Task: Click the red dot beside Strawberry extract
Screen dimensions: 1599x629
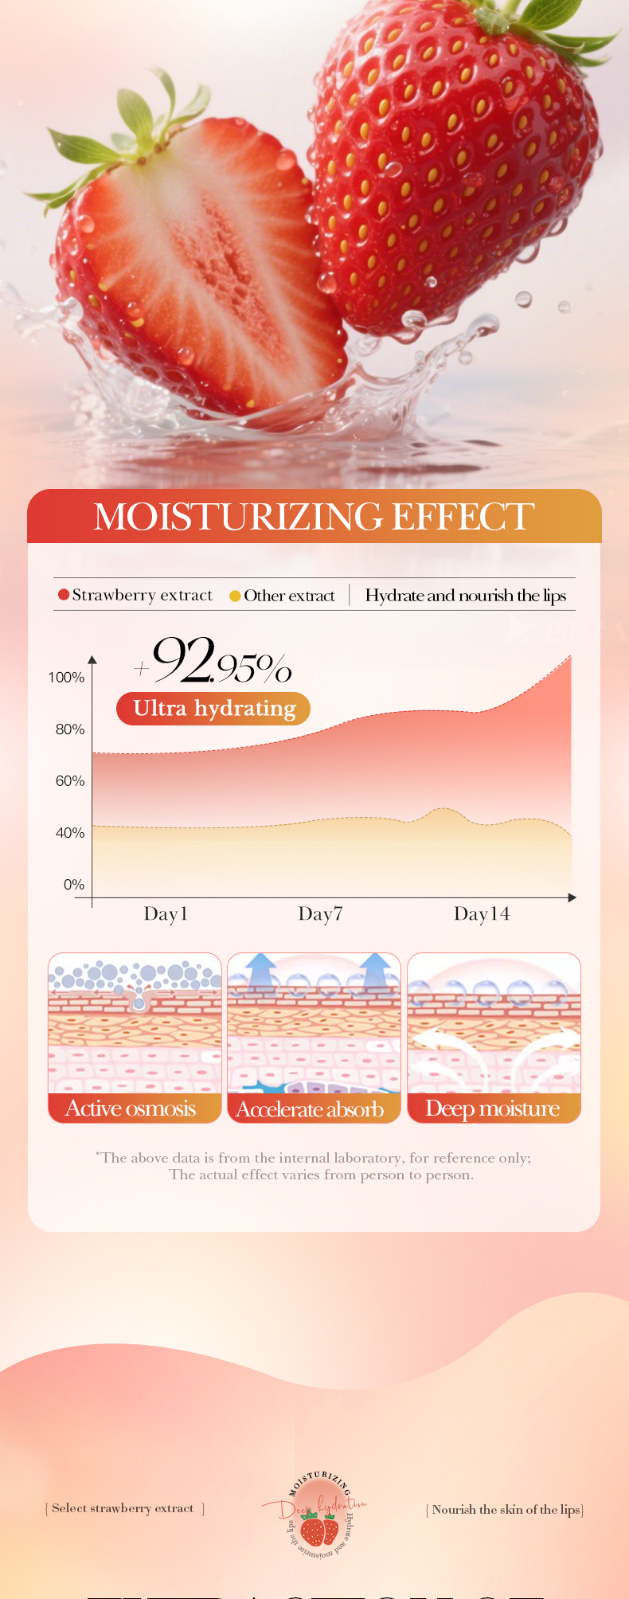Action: point(64,595)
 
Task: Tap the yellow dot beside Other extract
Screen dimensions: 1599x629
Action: point(235,596)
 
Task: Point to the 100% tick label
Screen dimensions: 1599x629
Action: point(66,678)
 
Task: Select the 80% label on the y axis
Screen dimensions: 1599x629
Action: point(69,729)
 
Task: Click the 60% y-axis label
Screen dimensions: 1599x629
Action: point(69,781)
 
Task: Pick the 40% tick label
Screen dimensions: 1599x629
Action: point(69,833)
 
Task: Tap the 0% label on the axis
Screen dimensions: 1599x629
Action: point(73,885)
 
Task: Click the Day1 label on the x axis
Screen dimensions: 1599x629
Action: point(166,913)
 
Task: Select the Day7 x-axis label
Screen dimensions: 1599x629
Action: point(320,913)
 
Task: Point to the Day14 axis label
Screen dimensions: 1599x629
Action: point(481,913)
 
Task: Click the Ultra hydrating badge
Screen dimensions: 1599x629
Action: point(213,709)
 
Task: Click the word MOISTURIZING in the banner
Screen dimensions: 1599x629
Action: point(237,517)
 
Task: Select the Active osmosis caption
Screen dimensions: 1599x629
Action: point(131,1108)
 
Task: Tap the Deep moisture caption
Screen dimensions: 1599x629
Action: point(492,1108)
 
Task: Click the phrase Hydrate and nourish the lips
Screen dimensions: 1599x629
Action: point(466,596)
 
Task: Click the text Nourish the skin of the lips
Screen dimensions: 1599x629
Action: point(506,1510)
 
